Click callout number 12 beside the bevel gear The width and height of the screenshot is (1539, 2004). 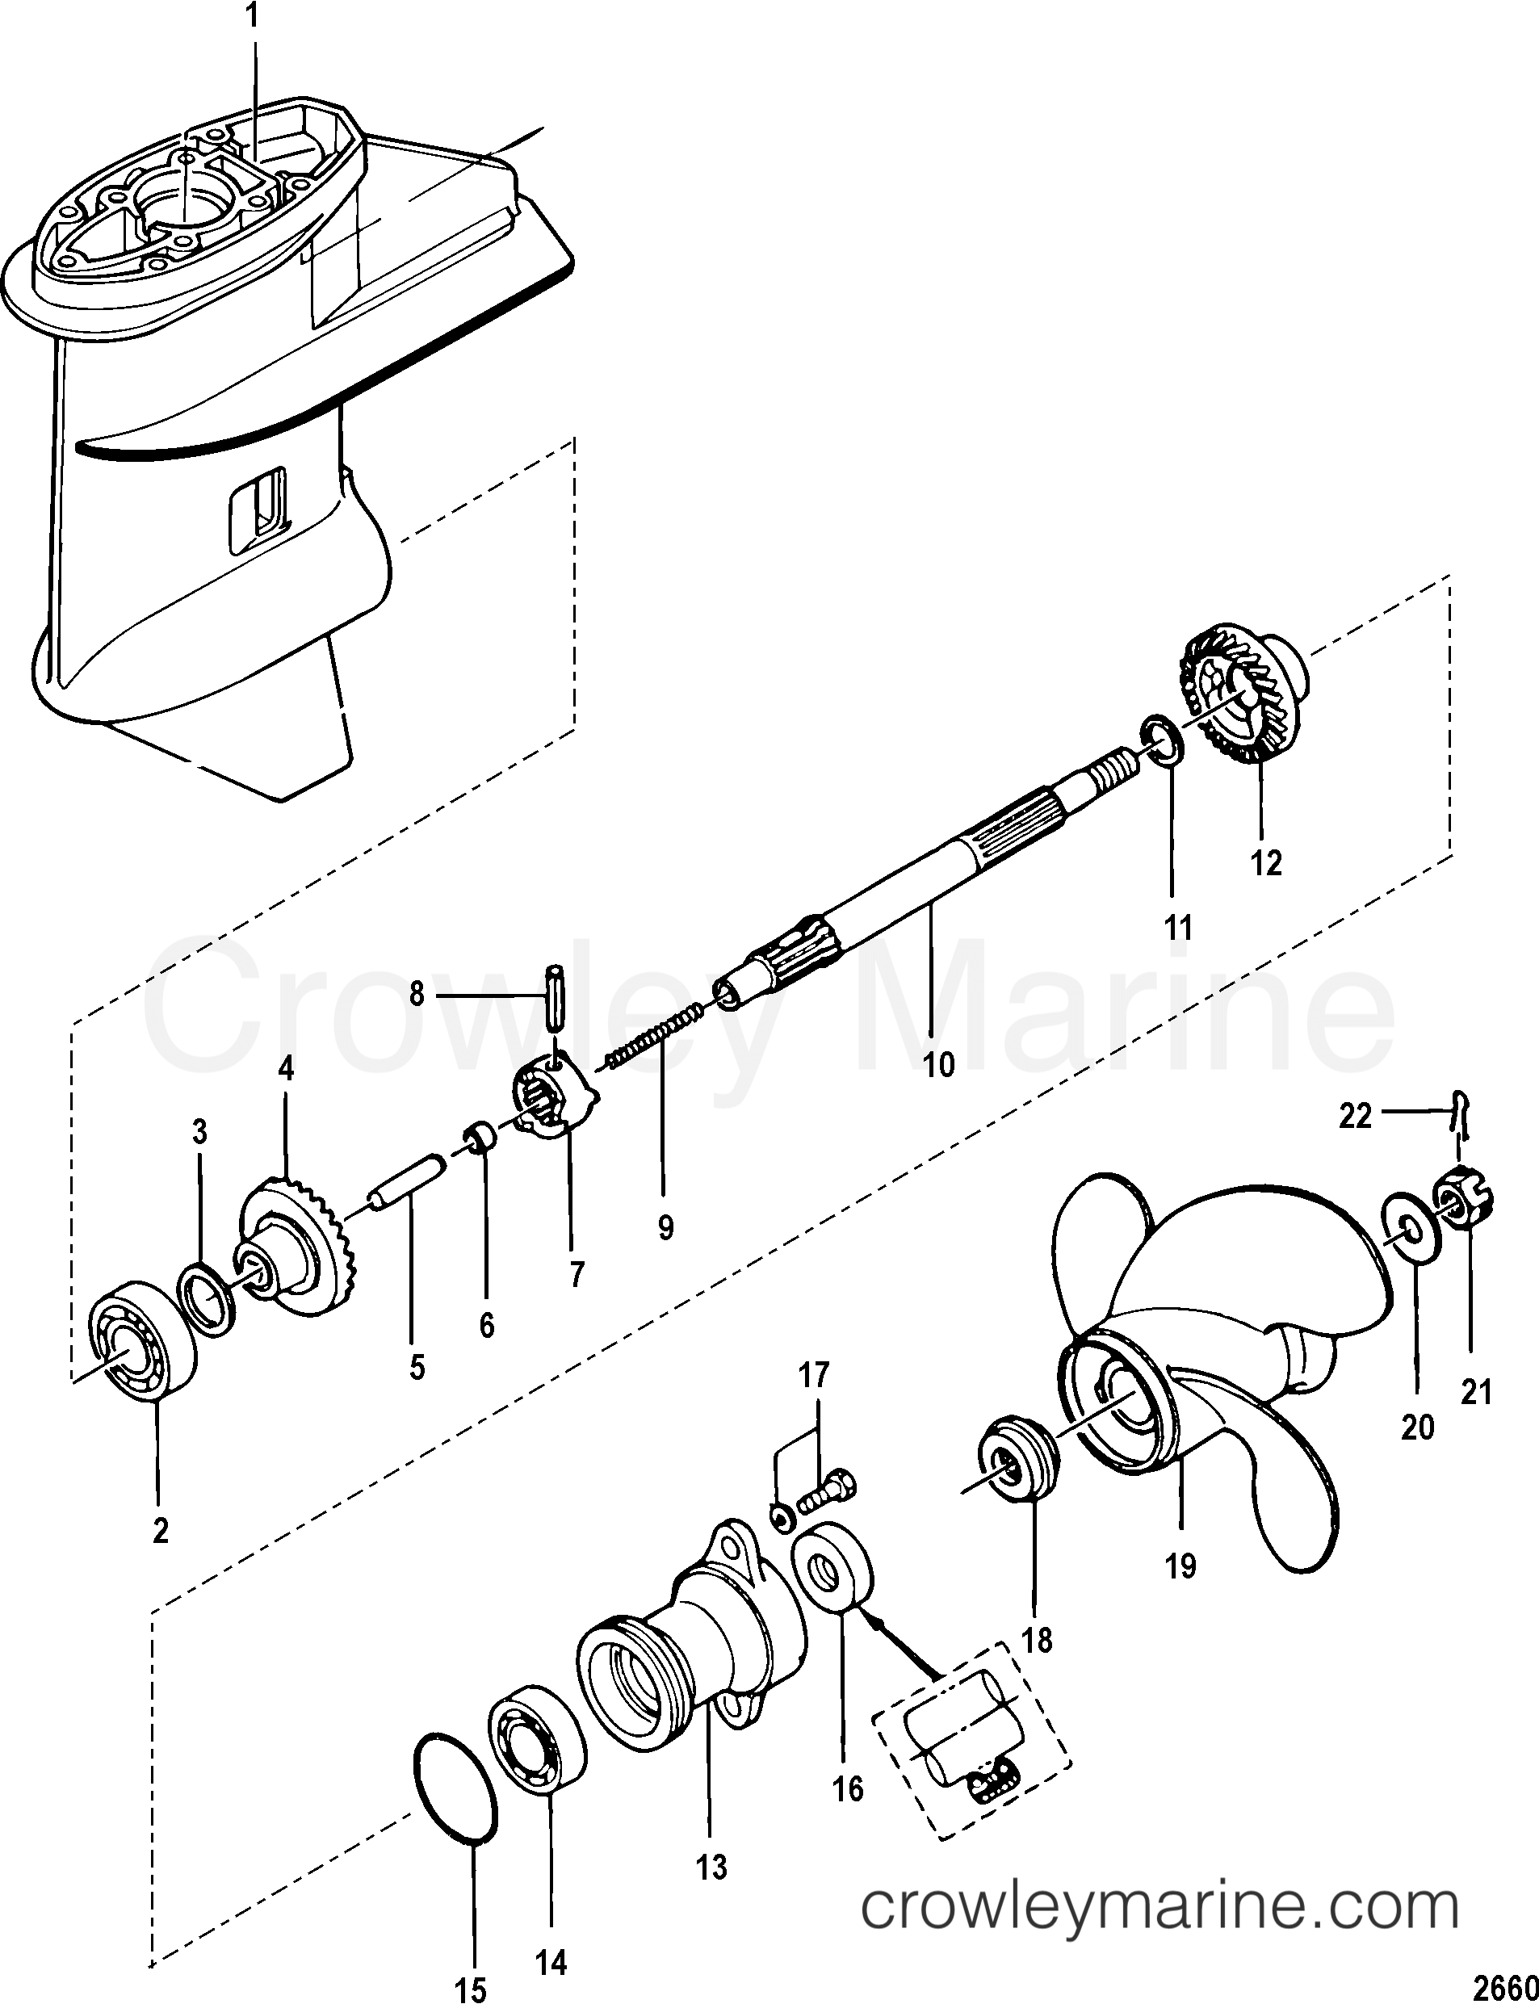point(1266,862)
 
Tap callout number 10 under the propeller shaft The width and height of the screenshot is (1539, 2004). point(939,1064)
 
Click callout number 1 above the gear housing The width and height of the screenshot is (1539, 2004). point(252,15)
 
